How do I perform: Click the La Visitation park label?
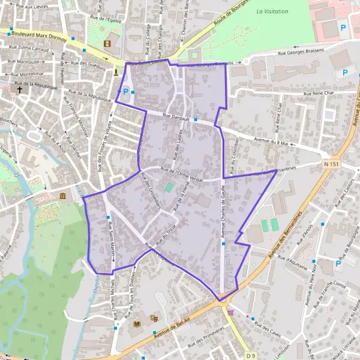click(272, 11)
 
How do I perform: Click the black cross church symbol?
click(20, 90)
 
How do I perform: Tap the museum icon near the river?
click(62, 196)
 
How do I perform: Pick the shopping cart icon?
click(230, 311)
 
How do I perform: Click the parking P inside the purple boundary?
click(125, 92)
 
